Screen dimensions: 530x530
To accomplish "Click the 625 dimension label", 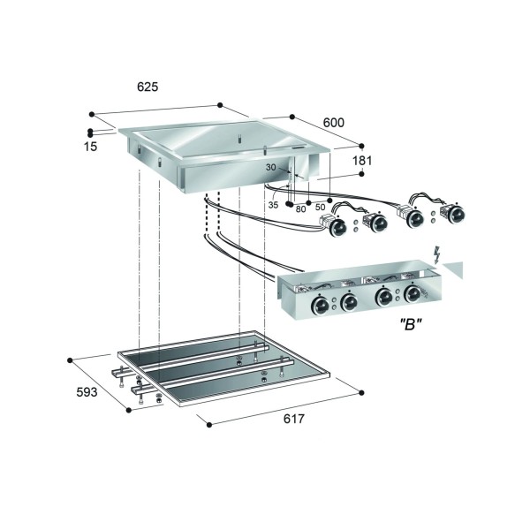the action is [x=148, y=87].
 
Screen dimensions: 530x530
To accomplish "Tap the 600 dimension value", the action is [x=334, y=123].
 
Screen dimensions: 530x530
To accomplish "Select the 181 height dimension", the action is [x=362, y=161].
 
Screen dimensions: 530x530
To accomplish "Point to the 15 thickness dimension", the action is [x=91, y=147].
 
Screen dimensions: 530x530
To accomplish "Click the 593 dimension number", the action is [x=87, y=392].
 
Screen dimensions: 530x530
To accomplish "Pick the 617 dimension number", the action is [x=294, y=419].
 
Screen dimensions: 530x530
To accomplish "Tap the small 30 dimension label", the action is [x=270, y=167].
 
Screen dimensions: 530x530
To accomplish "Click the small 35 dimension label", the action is [x=273, y=205].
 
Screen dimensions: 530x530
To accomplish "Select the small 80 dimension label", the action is [x=300, y=209].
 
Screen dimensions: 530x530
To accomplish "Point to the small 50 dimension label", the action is [x=320, y=207].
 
